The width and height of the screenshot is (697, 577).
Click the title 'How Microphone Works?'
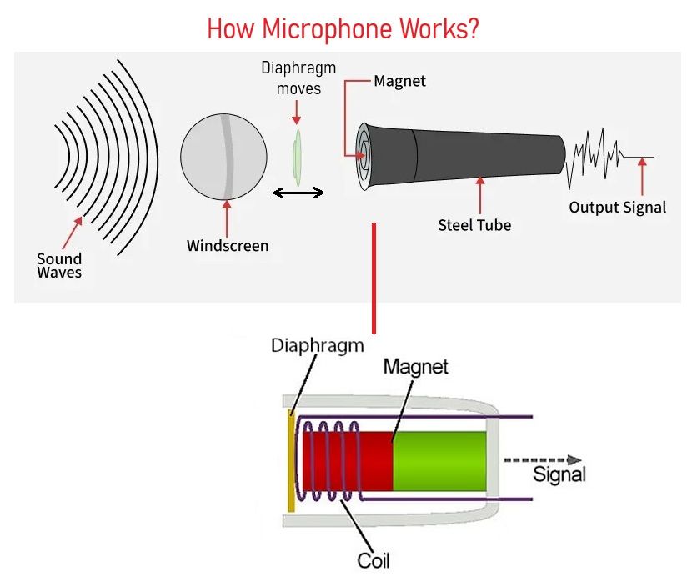pos(343,29)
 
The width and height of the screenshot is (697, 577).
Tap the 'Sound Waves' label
pos(59,265)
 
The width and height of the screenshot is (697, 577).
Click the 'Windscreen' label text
pos(228,246)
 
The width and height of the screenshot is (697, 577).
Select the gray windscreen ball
pos(223,157)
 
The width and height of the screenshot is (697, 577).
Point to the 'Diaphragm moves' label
pos(298,78)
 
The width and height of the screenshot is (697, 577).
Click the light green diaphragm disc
pos(297,158)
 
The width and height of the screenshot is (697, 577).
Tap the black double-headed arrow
pos(298,193)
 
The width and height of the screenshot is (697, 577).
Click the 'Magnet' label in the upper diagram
pos(399,81)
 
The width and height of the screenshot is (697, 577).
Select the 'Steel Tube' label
pos(474,225)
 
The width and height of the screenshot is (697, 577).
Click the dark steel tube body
pos(462,157)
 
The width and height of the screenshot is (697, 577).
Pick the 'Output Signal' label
pos(618,207)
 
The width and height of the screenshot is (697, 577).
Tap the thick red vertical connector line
pos(374,278)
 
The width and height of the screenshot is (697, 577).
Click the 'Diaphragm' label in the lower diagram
pos(318,345)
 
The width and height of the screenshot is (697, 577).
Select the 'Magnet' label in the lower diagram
pos(416,367)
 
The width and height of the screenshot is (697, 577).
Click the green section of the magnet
pos(439,461)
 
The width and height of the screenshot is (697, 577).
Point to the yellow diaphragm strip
pos(292,460)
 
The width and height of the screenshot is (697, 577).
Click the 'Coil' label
pos(374,560)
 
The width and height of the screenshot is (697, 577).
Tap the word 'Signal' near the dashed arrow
pos(559,474)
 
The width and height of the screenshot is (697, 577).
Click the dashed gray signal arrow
pos(543,460)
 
